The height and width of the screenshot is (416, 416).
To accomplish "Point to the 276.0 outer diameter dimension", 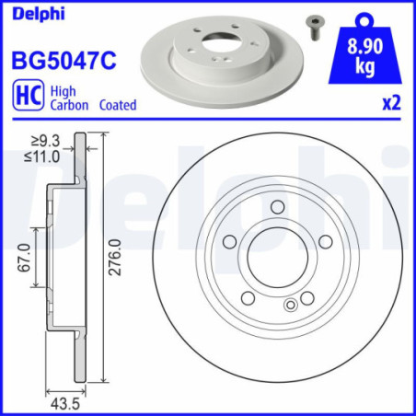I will (x=116, y=265).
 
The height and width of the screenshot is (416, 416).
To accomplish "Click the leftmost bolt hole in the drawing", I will (x=229, y=243).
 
